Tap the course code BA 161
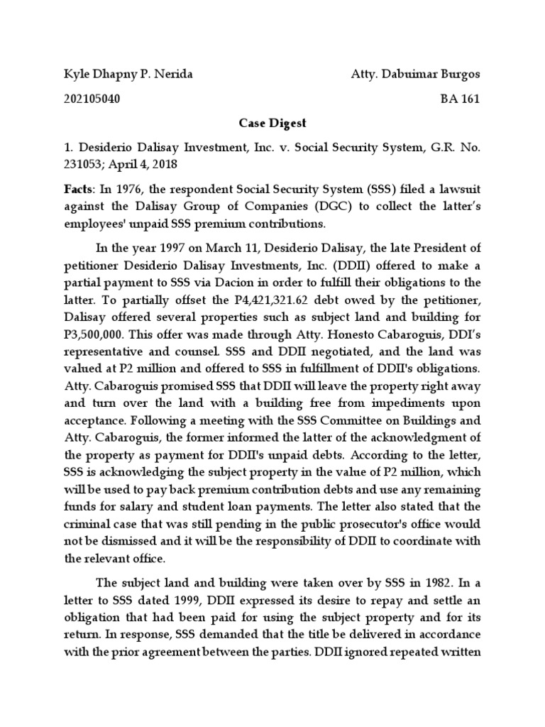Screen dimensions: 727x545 point(460,99)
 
